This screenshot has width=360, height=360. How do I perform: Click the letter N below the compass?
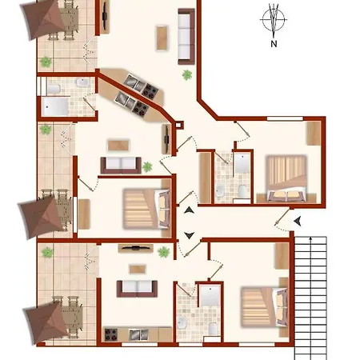pos(274,44)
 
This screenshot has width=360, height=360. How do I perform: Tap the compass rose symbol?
pos(274,19)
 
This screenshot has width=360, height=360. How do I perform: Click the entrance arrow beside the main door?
pos(298,221)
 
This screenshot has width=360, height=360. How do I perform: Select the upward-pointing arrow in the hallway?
pos(189,210)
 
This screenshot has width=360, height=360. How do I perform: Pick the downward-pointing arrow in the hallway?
pos(189,235)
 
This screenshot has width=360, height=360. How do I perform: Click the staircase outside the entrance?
pos(310,298)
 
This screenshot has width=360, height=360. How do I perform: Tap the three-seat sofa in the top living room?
pos(186,37)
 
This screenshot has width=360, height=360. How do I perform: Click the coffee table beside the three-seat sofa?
pos(162,38)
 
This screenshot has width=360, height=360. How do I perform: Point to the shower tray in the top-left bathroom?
pos(54,106)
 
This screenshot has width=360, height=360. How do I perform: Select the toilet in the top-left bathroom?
pos(54,89)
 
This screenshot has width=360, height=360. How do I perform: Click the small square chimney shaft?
pos(178,125)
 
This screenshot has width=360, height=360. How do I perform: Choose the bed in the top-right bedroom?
pos(286,178)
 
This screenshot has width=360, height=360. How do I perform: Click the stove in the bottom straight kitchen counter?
pos(111,334)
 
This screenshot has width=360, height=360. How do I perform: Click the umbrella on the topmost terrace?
pos(44,19)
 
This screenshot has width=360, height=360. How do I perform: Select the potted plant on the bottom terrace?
pos(47,252)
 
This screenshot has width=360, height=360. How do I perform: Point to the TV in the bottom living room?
pos(136,248)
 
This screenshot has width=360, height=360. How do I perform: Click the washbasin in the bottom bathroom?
pos(182,322)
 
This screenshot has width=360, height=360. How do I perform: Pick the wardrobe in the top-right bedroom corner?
pos(314,134)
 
